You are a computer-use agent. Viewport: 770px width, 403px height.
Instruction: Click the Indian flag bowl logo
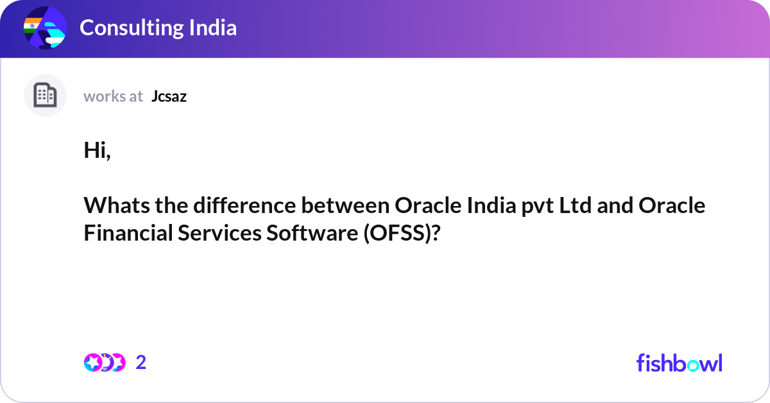(44, 28)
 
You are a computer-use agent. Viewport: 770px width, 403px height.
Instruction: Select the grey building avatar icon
(45, 96)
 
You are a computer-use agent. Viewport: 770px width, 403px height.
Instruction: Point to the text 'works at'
(113, 96)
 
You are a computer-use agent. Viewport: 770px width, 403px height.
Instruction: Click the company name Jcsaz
(169, 96)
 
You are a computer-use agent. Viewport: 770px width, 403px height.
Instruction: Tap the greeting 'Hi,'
(97, 150)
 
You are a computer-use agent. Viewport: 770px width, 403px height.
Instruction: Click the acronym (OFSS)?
(403, 234)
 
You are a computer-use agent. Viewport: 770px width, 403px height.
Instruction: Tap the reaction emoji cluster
(105, 363)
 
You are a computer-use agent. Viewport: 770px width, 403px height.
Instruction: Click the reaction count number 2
(141, 363)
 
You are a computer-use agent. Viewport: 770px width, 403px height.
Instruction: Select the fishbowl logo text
(679, 363)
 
